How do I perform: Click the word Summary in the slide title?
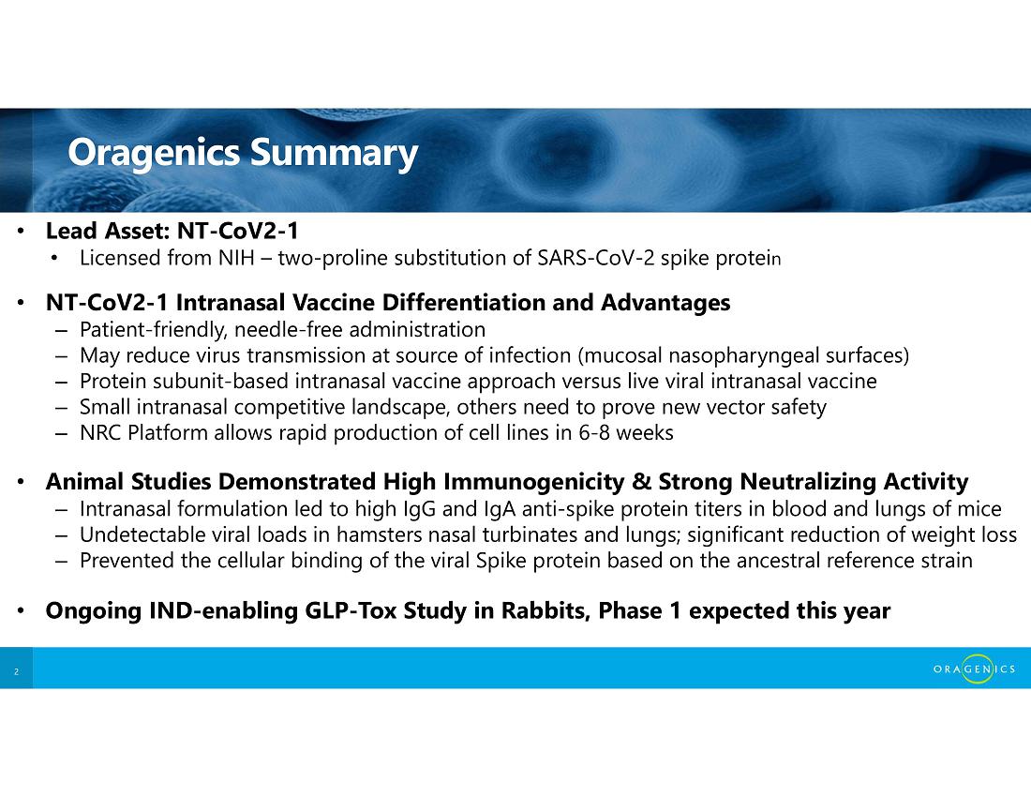point(334,153)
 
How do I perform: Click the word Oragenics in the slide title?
point(154,153)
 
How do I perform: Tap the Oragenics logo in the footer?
point(974,669)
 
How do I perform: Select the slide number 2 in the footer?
point(17,671)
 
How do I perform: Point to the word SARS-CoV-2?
point(596,258)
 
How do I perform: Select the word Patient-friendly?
point(154,329)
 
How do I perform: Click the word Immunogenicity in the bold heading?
point(533,482)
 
